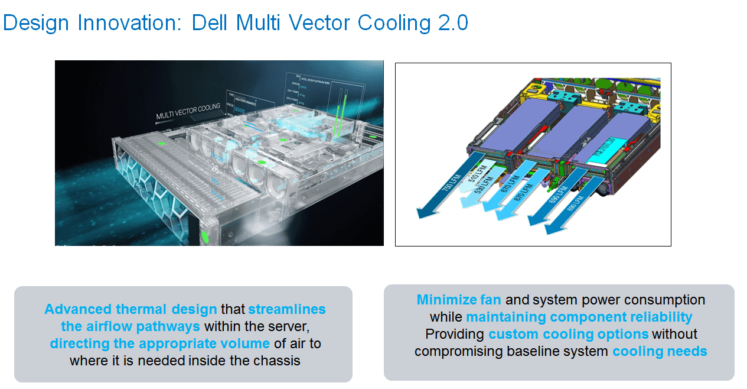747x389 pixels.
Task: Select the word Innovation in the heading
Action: click(123, 23)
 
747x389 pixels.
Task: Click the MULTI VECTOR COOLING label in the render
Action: click(188, 111)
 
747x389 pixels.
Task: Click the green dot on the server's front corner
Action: click(205, 237)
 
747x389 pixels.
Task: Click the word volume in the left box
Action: click(246, 343)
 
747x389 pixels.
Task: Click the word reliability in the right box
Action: click(658, 317)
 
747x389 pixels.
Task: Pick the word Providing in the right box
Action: click(455, 334)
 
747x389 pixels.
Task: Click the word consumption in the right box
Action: click(663, 300)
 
